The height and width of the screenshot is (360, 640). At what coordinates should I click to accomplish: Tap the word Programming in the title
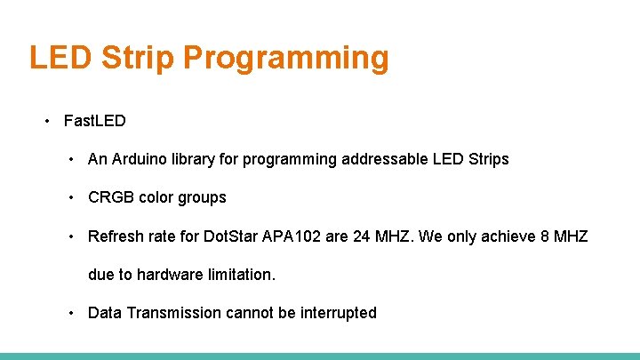[x=286, y=58]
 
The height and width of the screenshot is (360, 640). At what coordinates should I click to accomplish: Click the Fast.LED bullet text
[x=95, y=120]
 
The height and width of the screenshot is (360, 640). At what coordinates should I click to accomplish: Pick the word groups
[x=203, y=197]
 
